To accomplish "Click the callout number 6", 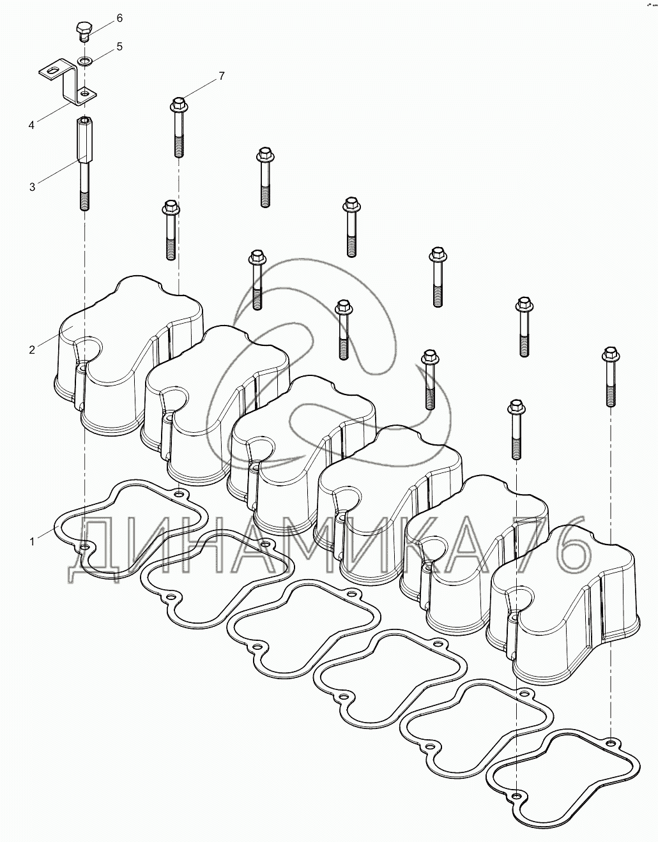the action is (x=119, y=19).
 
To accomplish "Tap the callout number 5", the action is (x=119, y=47).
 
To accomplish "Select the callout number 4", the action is (x=31, y=125).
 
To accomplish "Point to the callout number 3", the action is (x=32, y=187).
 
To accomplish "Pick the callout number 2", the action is (x=31, y=349).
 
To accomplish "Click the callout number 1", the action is (x=31, y=541).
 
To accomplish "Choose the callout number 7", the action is (x=221, y=76).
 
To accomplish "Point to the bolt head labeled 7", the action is (x=178, y=102).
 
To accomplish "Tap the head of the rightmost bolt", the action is (x=609, y=353).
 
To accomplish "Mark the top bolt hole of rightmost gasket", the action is (x=611, y=744).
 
